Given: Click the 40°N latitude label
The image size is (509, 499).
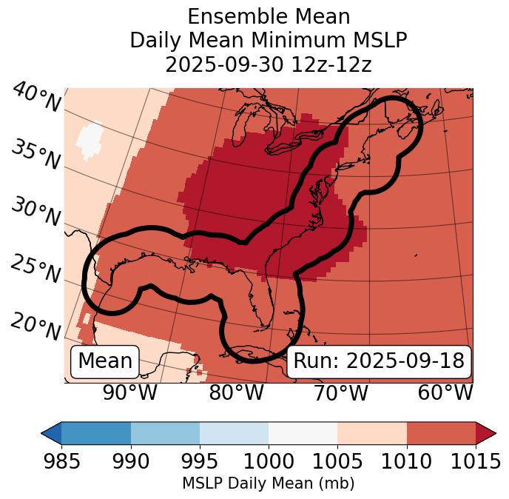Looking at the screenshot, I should click(x=36, y=98).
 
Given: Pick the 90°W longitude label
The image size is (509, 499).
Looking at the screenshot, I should click(x=130, y=393).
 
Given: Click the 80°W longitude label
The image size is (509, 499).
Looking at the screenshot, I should click(x=237, y=393).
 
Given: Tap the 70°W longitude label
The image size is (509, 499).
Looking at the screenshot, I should click(x=341, y=393).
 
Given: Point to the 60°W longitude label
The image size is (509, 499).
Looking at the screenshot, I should click(x=445, y=393).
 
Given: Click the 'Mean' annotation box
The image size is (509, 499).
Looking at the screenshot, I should click(x=105, y=361).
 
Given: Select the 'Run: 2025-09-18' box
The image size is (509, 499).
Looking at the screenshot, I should click(x=379, y=361).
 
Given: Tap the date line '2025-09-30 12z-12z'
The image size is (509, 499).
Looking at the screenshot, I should click(x=269, y=64).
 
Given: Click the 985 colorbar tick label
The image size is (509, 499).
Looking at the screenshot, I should click(x=61, y=462).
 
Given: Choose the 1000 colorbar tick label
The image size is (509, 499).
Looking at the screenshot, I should click(x=269, y=462).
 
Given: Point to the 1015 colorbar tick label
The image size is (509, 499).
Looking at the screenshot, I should click(x=475, y=462).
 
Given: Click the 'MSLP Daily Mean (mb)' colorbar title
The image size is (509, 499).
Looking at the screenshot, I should click(x=269, y=484).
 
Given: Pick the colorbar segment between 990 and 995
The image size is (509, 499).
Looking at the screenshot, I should click(x=165, y=433).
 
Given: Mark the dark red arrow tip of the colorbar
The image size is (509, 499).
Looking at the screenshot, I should click(x=487, y=433).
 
